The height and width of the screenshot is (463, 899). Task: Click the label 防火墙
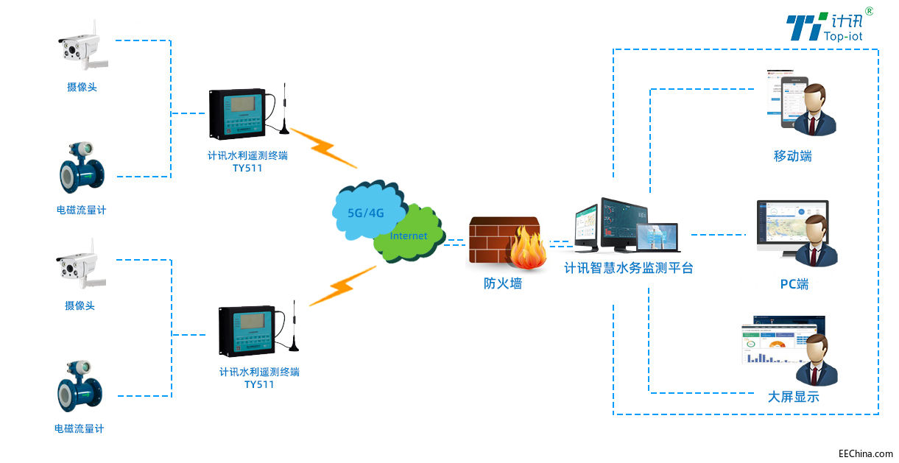tap(502, 283)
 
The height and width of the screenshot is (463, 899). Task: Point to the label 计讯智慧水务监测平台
tap(628, 269)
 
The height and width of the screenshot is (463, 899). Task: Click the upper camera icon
tap(82, 48)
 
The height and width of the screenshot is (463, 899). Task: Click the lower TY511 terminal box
tap(248, 331)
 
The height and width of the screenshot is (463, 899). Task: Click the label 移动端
tap(792, 157)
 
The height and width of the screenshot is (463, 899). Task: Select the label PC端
tap(794, 284)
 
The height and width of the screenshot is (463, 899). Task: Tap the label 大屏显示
tap(793, 397)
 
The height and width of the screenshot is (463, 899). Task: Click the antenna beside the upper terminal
tap(283, 110)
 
